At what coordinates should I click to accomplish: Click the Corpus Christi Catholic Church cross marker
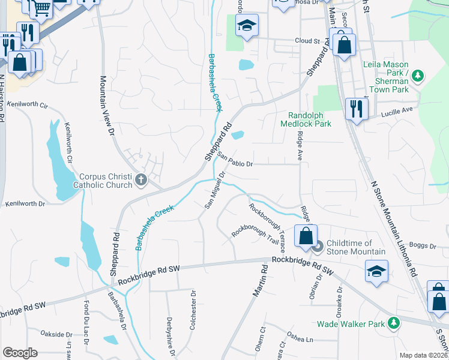tap(141, 180)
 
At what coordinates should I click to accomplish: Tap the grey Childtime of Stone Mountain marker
tap(319, 245)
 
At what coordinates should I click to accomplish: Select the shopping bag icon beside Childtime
tap(306, 236)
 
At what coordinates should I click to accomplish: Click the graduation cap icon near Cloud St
tap(246, 25)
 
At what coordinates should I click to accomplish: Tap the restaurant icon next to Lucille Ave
tap(357, 109)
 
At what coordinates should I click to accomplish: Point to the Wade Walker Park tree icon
tap(394, 323)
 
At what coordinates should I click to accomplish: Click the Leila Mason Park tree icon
tap(418, 76)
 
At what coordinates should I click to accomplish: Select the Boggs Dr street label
tap(424, 245)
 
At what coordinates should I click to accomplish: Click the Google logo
tap(20, 352)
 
